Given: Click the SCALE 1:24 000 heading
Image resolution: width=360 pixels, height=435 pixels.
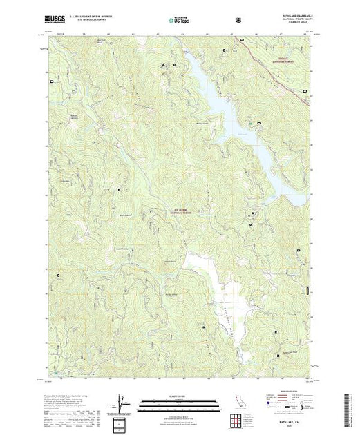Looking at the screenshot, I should pos(180,397).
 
